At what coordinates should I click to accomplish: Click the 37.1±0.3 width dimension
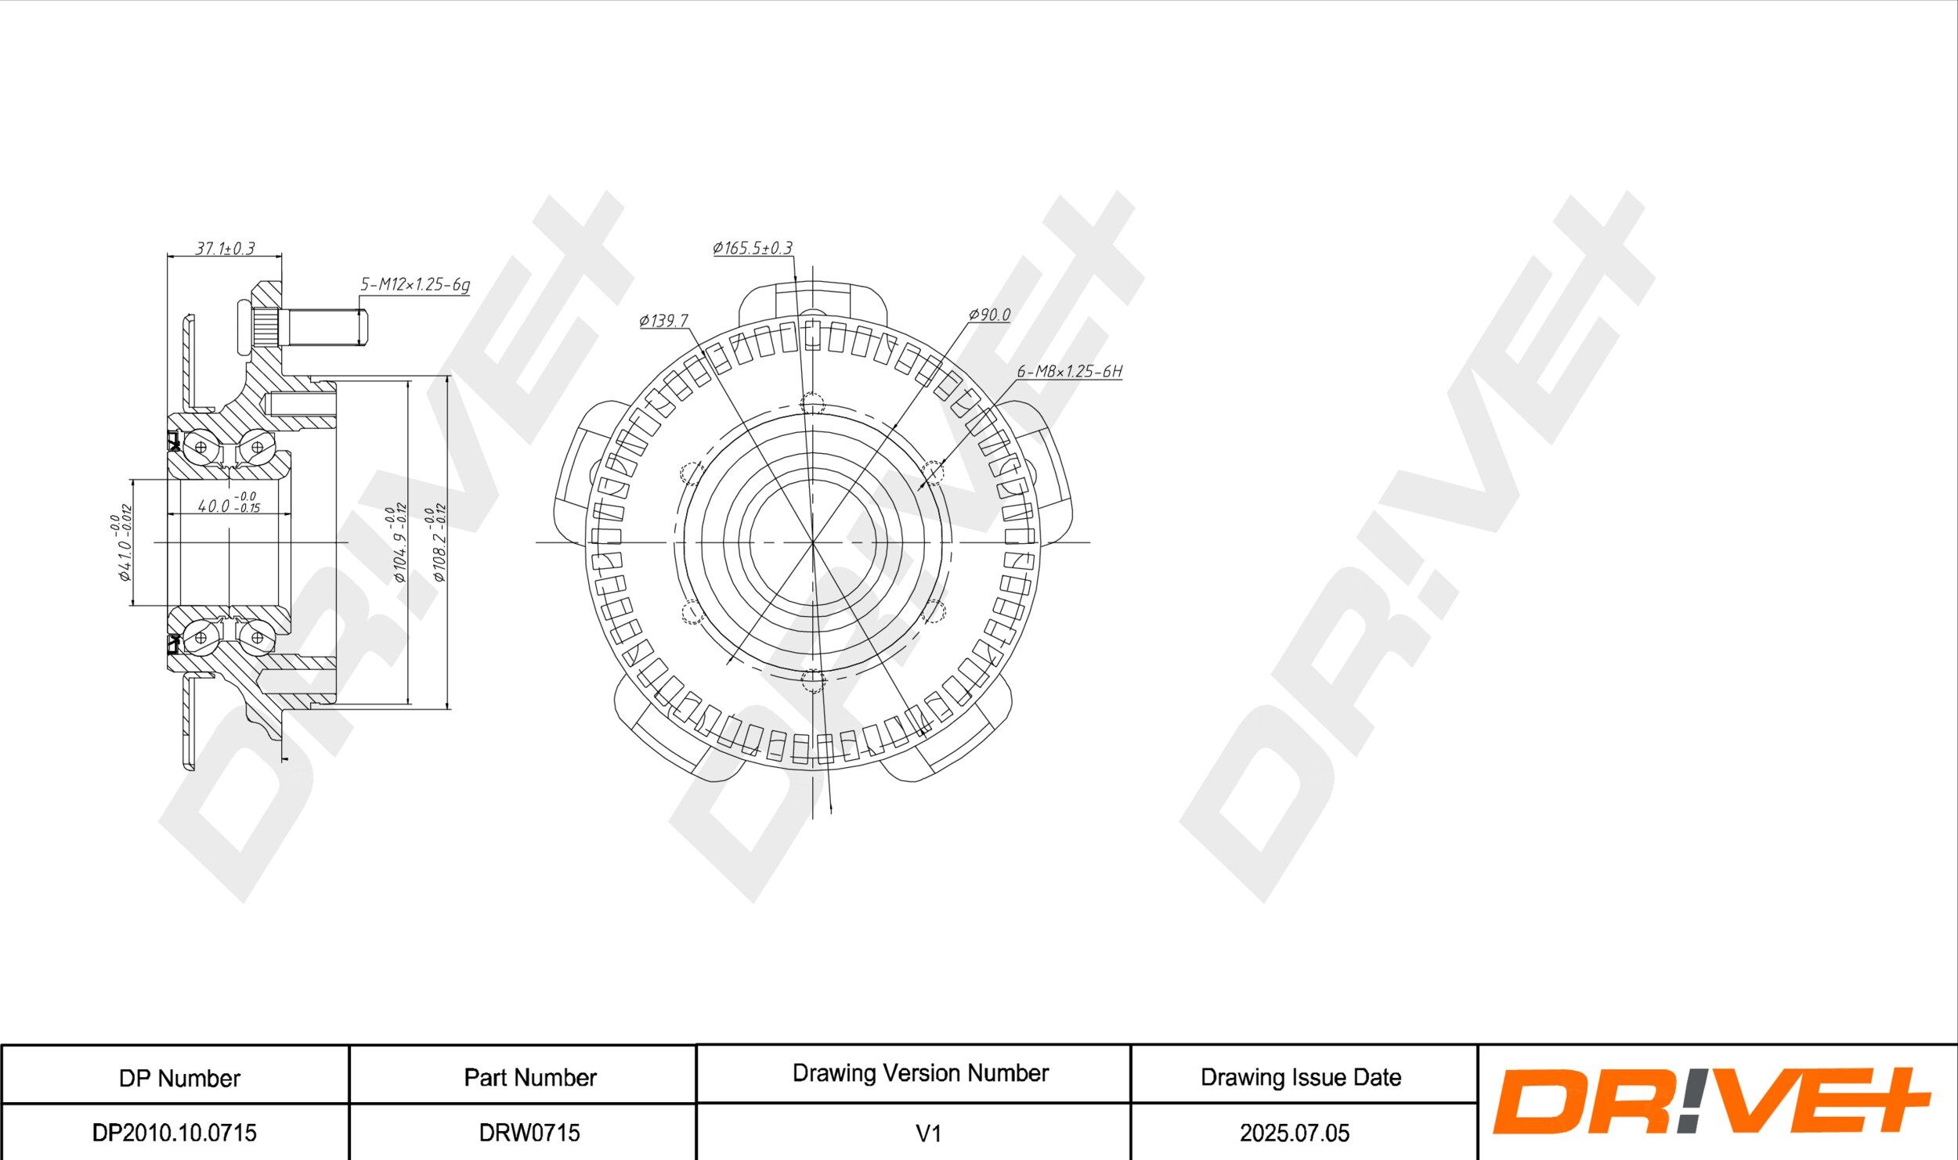click(225, 249)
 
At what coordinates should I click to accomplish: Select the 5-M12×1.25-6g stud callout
click(415, 284)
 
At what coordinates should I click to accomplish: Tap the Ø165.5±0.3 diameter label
click(753, 248)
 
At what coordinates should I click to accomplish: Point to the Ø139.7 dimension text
click(663, 320)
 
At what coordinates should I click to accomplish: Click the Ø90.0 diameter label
click(989, 315)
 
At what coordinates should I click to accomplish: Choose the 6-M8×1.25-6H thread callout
click(1069, 371)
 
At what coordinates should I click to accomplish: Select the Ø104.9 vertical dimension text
click(396, 543)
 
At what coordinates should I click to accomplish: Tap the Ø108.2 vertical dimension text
click(437, 543)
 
